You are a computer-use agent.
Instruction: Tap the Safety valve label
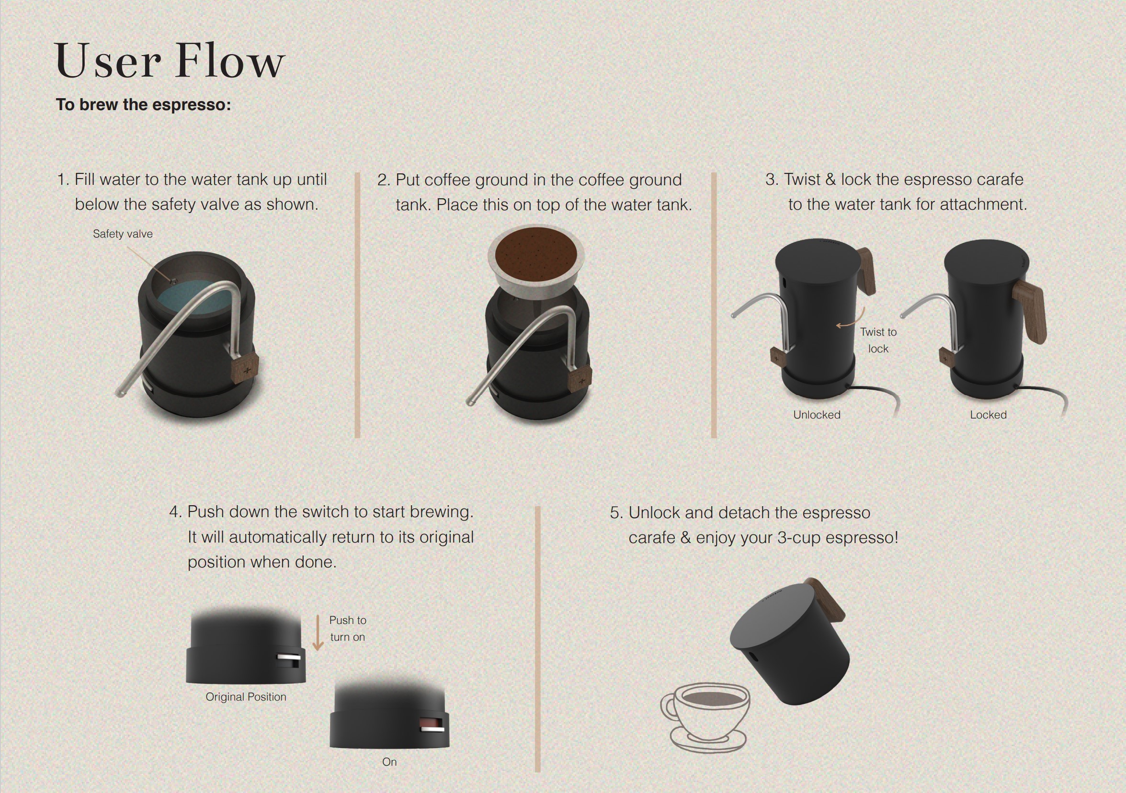point(123,234)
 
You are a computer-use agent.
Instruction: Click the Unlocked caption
point(817,415)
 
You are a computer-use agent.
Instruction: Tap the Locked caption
point(988,415)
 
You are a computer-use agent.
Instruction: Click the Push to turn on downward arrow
point(318,633)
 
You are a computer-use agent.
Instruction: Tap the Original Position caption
point(246,697)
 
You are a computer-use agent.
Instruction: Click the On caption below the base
point(389,762)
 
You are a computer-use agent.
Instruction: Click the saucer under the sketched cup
point(708,739)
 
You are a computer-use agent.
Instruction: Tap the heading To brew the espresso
point(143,104)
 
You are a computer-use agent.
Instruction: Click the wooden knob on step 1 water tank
point(244,368)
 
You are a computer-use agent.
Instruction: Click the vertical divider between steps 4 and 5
point(537,639)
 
